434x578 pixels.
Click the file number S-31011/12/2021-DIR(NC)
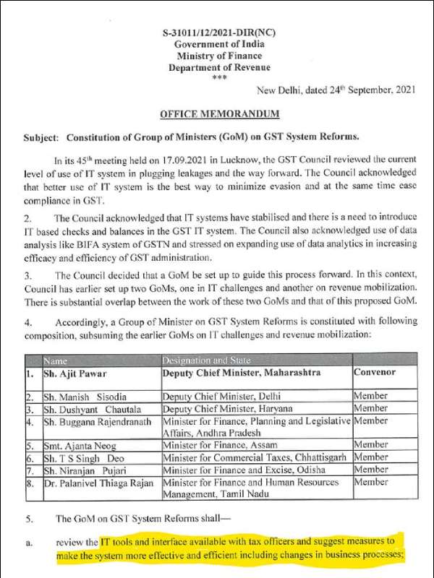click(219, 34)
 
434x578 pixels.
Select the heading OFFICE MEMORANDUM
click(218, 114)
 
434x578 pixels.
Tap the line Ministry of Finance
click(219, 56)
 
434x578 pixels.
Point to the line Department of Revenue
click(219, 68)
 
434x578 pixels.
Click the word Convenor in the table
click(376, 373)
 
